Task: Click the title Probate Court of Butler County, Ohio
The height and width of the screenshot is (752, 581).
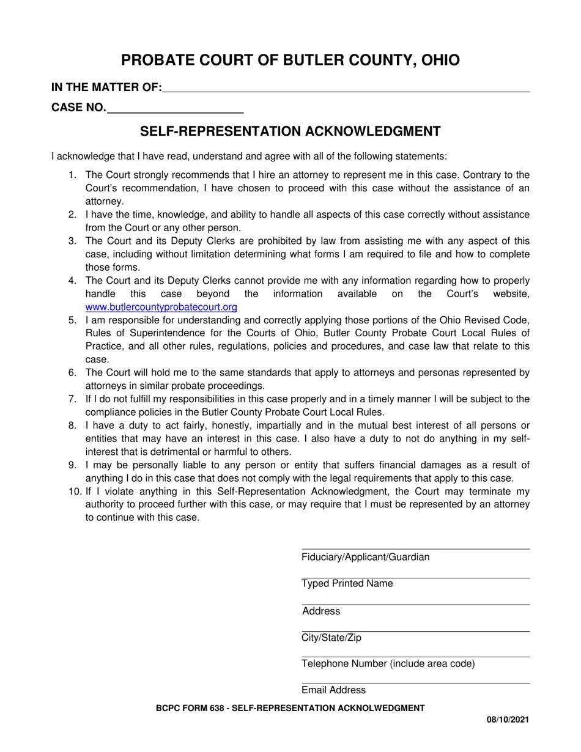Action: click(290, 60)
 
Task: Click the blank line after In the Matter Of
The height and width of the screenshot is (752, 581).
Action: click(346, 88)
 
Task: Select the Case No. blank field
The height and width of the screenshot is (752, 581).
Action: click(175, 109)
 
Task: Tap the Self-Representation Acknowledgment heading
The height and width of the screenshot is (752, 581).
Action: click(290, 131)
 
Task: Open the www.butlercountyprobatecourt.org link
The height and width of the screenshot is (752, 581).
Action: click(161, 308)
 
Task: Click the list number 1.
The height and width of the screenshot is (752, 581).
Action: click(72, 175)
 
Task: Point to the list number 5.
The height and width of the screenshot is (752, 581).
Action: click(72, 320)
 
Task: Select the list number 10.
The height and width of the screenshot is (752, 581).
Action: click(73, 492)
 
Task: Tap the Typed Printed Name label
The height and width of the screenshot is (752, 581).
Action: click(347, 584)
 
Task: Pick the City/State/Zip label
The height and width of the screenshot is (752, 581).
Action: click(331, 638)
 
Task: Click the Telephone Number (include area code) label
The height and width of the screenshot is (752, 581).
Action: click(388, 664)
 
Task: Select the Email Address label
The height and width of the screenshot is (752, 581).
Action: click(333, 690)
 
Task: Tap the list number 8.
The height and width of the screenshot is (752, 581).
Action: click(72, 426)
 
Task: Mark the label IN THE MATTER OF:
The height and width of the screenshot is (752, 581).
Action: click(106, 87)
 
